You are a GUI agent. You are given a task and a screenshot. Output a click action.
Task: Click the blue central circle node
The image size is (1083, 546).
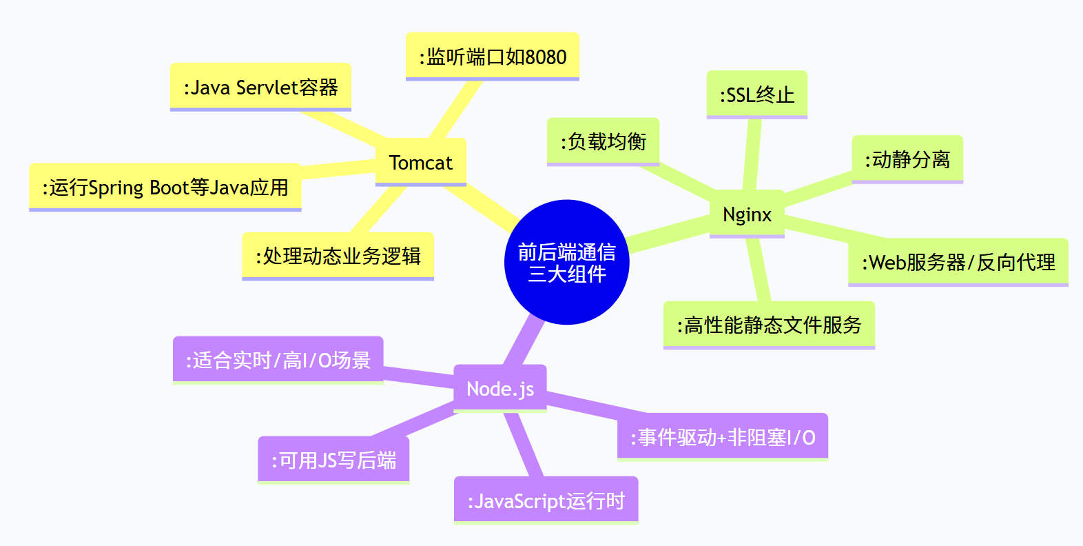(566, 262)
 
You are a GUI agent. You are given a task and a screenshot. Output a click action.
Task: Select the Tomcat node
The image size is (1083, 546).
(420, 162)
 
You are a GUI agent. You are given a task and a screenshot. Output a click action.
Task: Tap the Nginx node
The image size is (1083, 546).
(747, 214)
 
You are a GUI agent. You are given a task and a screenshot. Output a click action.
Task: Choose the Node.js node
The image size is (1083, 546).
(499, 388)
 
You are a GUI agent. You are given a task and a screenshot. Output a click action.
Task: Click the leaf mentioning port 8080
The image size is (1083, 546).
(492, 57)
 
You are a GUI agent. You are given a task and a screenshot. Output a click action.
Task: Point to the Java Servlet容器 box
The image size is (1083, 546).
(260, 87)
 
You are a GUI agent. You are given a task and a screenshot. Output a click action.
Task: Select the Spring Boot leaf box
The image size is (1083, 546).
(165, 187)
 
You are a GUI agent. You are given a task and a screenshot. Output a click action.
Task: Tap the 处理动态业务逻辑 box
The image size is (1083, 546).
(338, 256)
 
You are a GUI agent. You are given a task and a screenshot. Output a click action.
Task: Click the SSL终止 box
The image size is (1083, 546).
(756, 94)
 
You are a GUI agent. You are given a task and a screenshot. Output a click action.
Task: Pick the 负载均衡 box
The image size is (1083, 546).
(603, 141)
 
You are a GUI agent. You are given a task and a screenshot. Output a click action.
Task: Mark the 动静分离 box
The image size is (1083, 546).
(907, 159)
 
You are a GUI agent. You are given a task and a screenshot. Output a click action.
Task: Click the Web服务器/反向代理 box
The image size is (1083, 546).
(958, 262)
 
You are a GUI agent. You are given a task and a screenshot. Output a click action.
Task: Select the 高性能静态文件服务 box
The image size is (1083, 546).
(769, 325)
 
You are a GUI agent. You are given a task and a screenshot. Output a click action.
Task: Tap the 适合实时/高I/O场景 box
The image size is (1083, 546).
(278, 359)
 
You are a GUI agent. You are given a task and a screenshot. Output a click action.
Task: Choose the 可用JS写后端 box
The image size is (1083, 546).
(333, 460)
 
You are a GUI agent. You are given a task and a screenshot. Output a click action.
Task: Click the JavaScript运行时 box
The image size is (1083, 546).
(546, 501)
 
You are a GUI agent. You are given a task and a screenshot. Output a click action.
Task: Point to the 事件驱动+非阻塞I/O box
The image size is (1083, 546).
(722, 437)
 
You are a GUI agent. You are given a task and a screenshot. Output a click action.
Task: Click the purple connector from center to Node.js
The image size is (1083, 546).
(526, 341)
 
